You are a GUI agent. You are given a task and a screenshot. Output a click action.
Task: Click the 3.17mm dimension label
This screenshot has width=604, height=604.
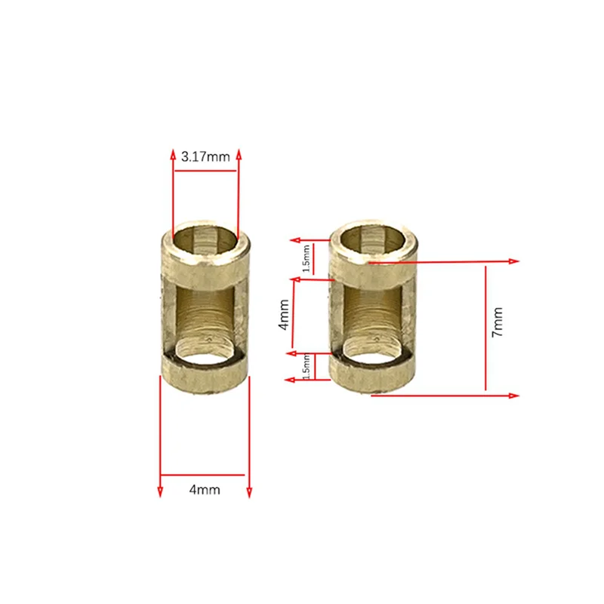click(205, 157)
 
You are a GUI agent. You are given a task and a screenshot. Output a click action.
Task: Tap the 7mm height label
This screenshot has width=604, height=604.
click(497, 322)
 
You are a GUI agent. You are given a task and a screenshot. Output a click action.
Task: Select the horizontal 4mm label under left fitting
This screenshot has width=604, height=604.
click(205, 490)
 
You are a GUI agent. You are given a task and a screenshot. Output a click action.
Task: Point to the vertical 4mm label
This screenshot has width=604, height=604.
click(283, 314)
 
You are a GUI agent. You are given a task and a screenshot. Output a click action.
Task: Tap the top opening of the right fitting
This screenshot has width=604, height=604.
click(375, 240)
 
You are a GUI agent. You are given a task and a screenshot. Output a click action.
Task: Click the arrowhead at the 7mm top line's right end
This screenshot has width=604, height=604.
click(516, 261)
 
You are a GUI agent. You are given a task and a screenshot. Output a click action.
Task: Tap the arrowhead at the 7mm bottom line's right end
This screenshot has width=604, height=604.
click(516, 396)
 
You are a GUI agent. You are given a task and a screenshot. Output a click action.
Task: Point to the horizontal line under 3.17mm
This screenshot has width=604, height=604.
click(205, 171)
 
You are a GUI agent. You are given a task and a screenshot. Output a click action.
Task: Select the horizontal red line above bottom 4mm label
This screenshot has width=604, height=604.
click(205, 475)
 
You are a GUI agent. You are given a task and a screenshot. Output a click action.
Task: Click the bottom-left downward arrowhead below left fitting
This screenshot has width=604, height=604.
click(160, 492)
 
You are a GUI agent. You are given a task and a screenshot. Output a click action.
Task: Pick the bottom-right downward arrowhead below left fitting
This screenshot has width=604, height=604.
click(249, 492)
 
